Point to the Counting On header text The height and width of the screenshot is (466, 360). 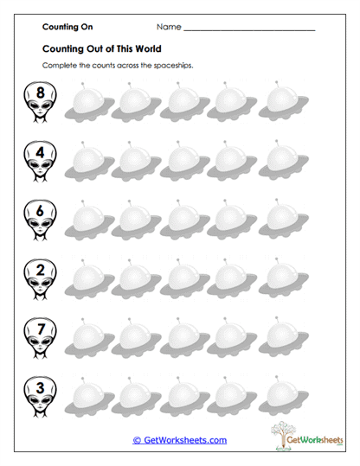tap(67, 28)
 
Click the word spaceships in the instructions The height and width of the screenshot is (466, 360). tap(165, 66)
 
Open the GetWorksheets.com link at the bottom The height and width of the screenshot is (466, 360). tap(179, 440)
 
